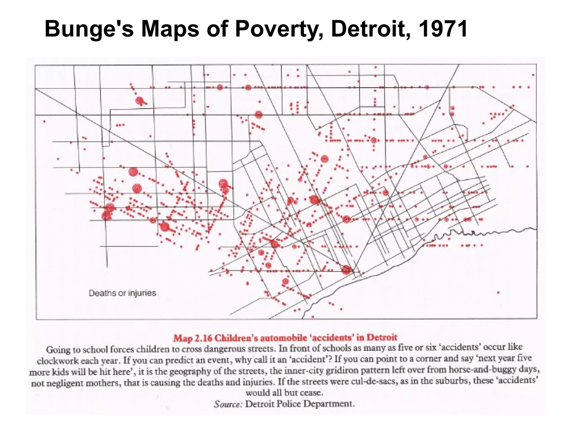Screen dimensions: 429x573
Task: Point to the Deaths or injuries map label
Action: click(122, 293)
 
